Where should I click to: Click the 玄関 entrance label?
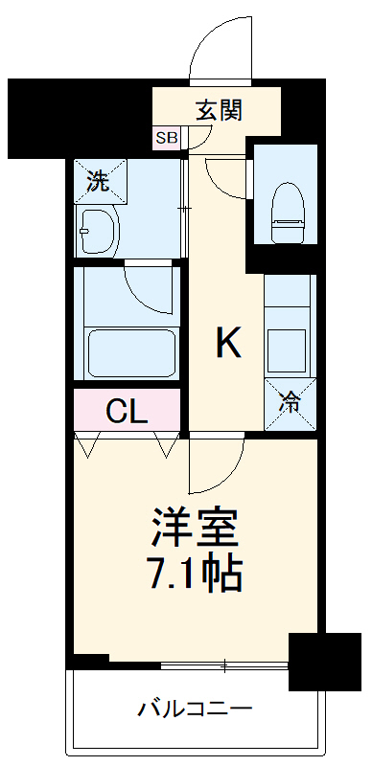[x=219, y=110]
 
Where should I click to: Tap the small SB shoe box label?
[x=167, y=138]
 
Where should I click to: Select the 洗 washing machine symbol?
[x=97, y=181]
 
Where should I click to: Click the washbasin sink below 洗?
[x=97, y=231]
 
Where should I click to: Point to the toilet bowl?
[x=287, y=202]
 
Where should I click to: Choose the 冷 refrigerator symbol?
[x=288, y=402]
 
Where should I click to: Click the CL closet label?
[x=127, y=412]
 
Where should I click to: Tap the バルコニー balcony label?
[x=195, y=710]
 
